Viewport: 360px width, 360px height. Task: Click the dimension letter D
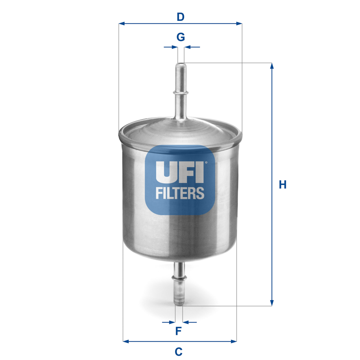pyautogui.click(x=180, y=17)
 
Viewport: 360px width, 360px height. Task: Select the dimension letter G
pyautogui.click(x=181, y=37)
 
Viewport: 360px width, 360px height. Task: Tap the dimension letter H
pyautogui.click(x=282, y=185)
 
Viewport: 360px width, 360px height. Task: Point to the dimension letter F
pyautogui.click(x=178, y=331)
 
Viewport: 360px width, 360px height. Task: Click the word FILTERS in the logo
pyautogui.click(x=180, y=193)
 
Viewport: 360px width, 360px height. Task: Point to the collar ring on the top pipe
pyautogui.click(x=180, y=92)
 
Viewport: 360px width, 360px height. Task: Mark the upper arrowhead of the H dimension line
pyautogui.click(x=271, y=66)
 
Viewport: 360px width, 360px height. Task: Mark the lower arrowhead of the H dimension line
pyautogui.click(x=271, y=303)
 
